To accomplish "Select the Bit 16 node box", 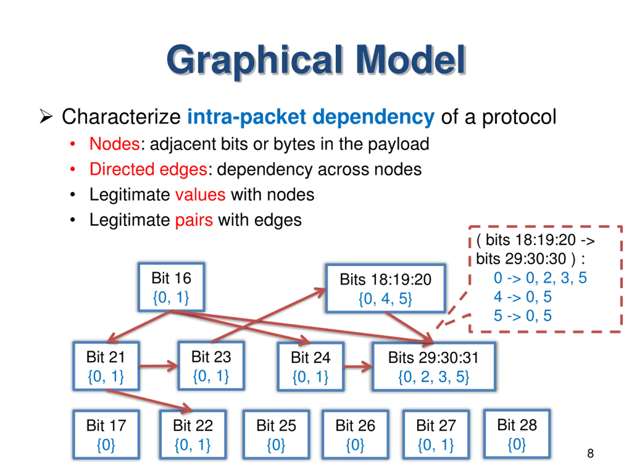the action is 171,287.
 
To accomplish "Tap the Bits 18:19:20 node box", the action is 385,288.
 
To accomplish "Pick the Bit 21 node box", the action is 106,366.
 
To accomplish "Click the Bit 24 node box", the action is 311,367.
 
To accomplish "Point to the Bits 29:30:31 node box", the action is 434,367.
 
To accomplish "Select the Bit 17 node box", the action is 106,434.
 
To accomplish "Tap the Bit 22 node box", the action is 193,434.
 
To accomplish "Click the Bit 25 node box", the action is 276,434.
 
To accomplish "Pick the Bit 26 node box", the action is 355,434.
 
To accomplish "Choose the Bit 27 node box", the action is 436,434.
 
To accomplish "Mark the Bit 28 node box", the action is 517,434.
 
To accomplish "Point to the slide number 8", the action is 590,454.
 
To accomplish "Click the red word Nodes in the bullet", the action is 114,144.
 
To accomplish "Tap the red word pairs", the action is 194,220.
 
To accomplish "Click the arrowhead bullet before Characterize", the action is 46,117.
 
